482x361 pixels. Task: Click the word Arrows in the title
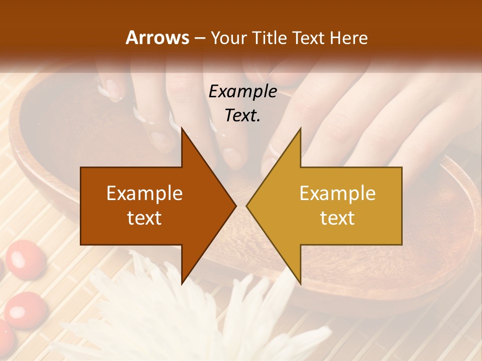157,38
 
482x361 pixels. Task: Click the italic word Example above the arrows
243,92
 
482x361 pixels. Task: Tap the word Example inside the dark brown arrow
145,194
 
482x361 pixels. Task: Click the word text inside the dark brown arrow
145,218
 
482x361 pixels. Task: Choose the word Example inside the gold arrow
337,194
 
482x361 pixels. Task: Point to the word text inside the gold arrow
337,218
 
